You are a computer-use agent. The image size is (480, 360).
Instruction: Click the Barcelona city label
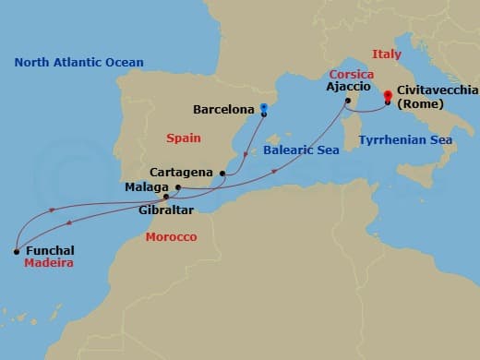pyautogui.click(x=223, y=110)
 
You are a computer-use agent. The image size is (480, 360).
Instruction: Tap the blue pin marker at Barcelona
pyautogui.click(x=263, y=108)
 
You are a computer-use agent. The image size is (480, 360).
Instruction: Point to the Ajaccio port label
pyautogui.click(x=347, y=89)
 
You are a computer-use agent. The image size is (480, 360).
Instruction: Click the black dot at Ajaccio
pyautogui.click(x=347, y=101)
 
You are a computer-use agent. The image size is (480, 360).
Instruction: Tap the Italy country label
pyautogui.click(x=386, y=54)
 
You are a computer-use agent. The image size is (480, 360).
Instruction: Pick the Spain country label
pyautogui.click(x=184, y=138)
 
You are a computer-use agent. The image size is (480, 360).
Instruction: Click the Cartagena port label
pyautogui.click(x=181, y=173)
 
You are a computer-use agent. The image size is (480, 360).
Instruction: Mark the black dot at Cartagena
pyautogui.click(x=222, y=173)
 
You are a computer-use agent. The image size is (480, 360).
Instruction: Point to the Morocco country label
pyautogui.click(x=172, y=237)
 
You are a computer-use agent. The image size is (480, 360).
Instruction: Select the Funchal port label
pyautogui.click(x=51, y=250)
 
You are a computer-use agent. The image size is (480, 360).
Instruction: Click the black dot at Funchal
pyautogui.click(x=17, y=250)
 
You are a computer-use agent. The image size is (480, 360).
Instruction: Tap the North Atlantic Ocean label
pyautogui.click(x=78, y=63)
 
